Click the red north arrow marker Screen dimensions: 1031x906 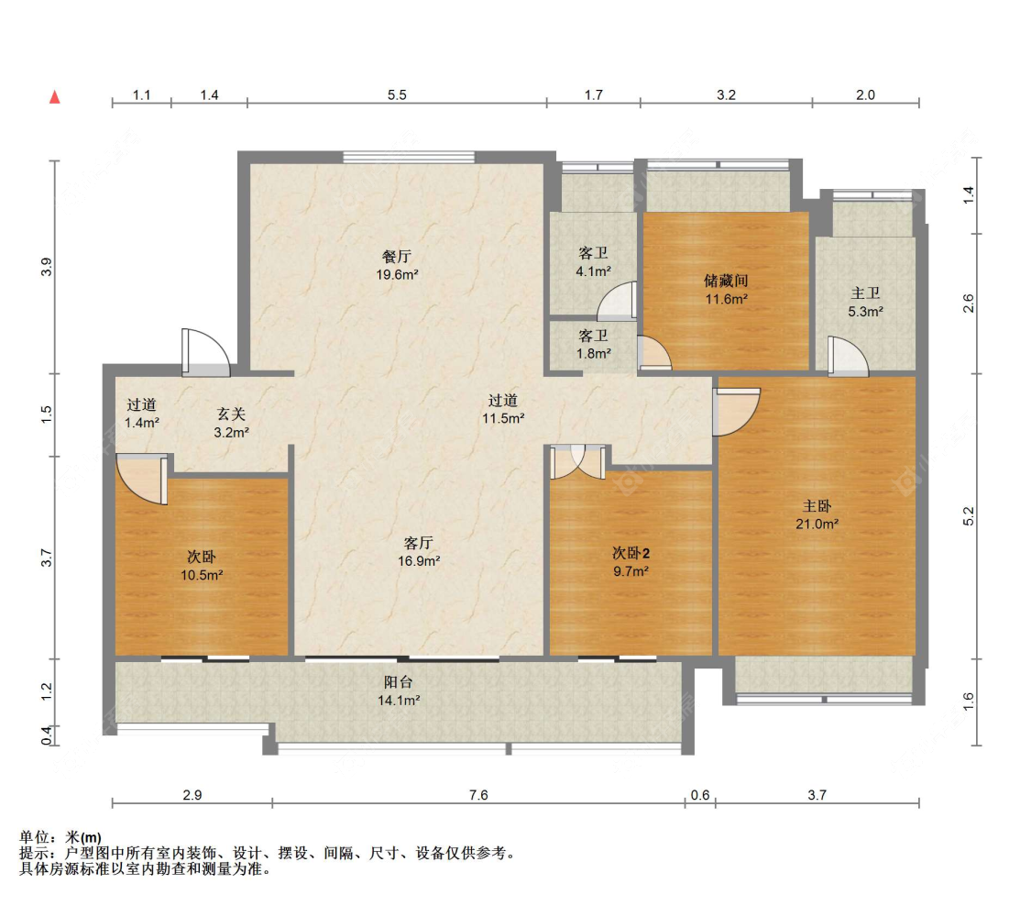[55, 97]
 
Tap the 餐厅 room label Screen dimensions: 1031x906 [397, 257]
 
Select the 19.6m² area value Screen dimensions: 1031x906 [397, 274]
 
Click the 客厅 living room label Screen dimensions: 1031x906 [418, 543]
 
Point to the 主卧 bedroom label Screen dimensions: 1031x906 [817, 506]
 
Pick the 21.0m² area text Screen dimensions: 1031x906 [817, 524]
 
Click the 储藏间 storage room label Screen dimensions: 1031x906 [726, 281]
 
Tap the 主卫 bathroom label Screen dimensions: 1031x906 [865, 293]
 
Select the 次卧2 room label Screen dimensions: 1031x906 [631, 553]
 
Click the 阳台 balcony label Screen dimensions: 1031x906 [399, 682]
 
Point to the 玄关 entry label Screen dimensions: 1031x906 [232, 414]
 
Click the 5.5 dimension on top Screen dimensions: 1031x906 [397, 94]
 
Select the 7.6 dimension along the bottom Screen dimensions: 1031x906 [478, 795]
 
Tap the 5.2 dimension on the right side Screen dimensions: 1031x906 [968, 516]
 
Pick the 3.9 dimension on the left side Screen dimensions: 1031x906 [46, 267]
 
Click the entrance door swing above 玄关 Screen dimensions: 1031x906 [206, 353]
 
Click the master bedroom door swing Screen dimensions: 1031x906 [737, 412]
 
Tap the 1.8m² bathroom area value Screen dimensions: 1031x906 [594, 353]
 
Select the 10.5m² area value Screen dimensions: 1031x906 [202, 575]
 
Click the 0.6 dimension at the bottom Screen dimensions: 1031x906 [700, 795]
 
